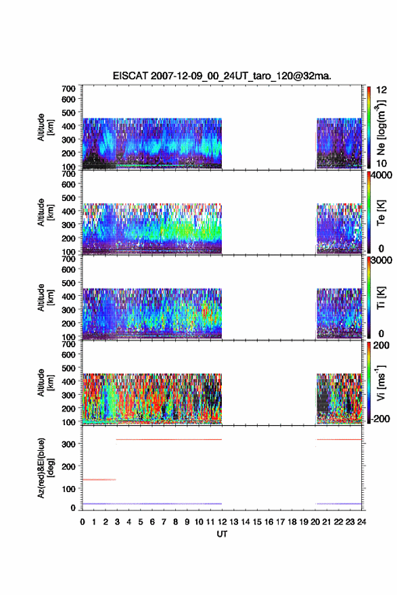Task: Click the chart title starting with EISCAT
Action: (222, 76)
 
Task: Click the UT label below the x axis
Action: (222, 534)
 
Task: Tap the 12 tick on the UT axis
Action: (222, 522)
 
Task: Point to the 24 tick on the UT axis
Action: (361, 522)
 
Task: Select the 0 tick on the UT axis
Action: (83, 522)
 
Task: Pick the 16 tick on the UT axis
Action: (268, 522)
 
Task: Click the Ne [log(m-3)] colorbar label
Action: (381, 127)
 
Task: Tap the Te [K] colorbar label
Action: (381, 213)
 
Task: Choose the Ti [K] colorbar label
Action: (381, 298)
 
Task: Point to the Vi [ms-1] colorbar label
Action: (381, 382)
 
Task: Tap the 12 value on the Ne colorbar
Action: (382, 90)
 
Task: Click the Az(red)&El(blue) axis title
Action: (45, 468)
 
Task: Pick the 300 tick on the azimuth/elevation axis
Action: (68, 444)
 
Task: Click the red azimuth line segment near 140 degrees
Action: (99, 480)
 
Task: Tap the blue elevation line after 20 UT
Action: (339, 504)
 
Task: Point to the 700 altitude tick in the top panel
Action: (68, 89)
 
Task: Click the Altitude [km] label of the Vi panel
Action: (45, 382)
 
